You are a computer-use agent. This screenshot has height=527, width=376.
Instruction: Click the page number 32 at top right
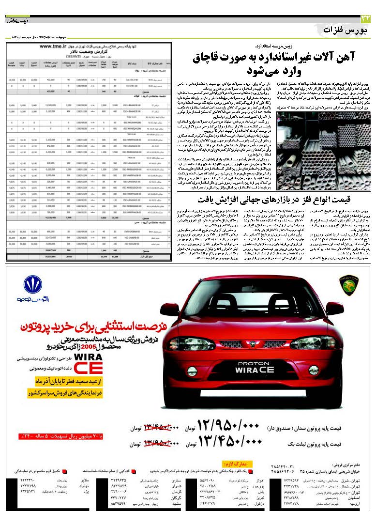point(365,19)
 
